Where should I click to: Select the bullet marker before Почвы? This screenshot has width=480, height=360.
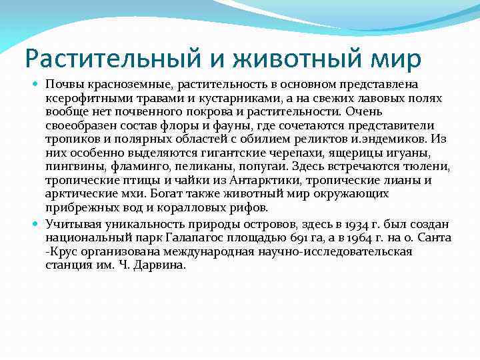[37, 86]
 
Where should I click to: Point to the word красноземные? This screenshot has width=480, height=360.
[116, 86]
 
